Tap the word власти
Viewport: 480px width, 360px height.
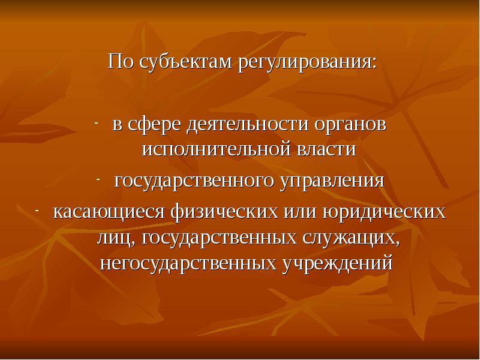(325, 149)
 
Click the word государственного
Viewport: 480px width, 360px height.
(192, 181)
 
